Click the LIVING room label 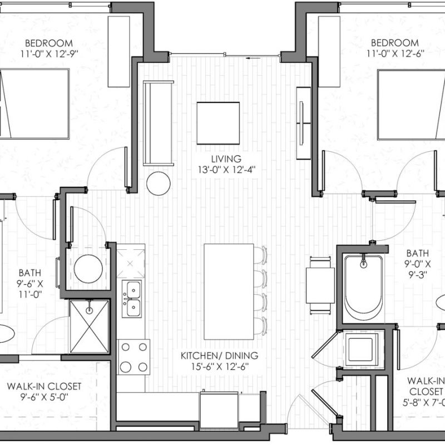coord(226,159)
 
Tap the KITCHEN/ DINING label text coord(219,355)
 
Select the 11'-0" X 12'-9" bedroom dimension coord(49,54)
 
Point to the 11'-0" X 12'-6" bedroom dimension coord(395,53)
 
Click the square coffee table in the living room coord(218,123)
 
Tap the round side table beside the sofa coord(159,184)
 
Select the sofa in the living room coord(158,123)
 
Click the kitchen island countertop coord(229,291)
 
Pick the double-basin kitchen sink coord(132,299)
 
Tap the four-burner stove coord(134,357)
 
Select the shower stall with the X coord(89,327)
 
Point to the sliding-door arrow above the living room coord(253,58)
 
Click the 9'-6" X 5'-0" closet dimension coord(44,397)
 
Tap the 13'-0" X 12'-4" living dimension coord(226,170)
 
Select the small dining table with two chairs coord(320,285)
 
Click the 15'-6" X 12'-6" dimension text coord(220,367)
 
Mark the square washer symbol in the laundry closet coord(361,350)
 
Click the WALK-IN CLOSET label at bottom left coord(44,386)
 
